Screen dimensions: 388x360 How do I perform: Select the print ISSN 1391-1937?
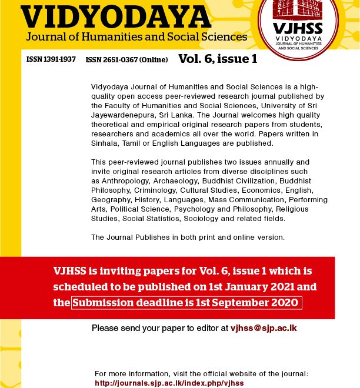click(51, 59)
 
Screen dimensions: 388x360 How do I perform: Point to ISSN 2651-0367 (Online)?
click(126, 60)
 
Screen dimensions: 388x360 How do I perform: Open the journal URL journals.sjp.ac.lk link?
click(169, 383)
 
